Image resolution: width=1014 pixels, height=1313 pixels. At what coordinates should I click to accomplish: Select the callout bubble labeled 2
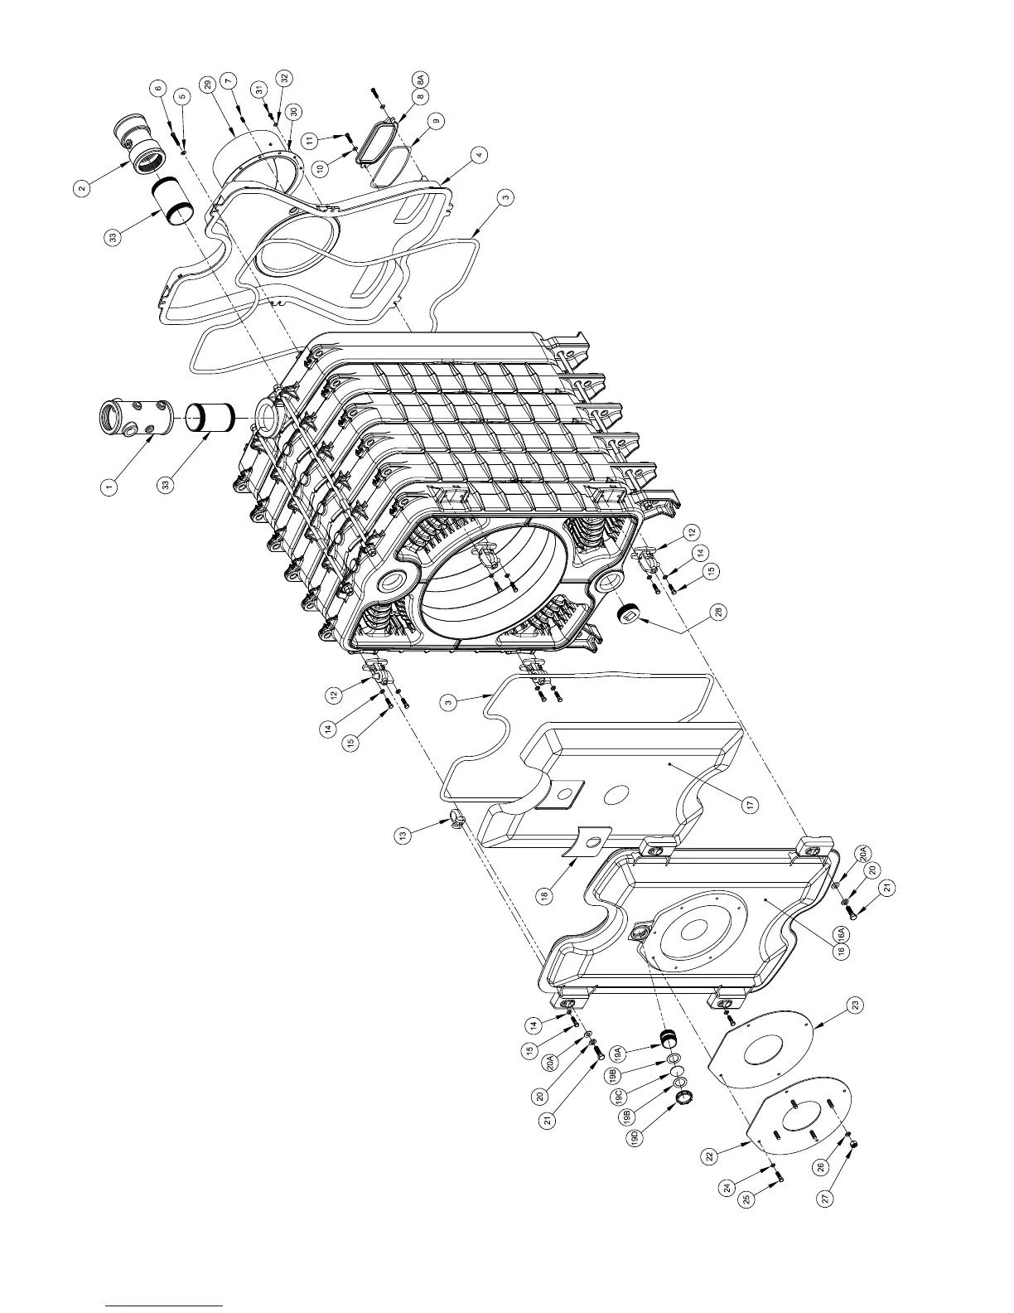(x=81, y=188)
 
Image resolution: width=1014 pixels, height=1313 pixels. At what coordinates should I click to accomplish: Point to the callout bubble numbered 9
(x=437, y=120)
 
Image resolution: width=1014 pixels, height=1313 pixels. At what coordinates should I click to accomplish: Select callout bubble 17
(x=751, y=803)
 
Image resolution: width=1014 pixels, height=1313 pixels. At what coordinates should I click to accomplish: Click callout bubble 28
(x=718, y=612)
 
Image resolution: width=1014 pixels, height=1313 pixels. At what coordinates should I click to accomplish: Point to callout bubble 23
(x=856, y=1005)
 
